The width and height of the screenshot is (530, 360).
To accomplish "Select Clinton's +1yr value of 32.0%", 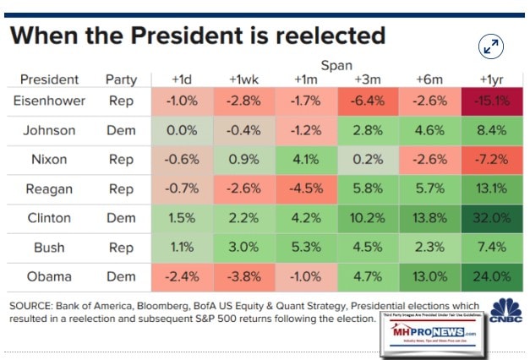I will point(493,217).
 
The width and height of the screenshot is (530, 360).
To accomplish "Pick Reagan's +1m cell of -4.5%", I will point(305,188).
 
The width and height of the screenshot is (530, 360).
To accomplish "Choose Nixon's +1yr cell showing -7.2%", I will point(493,160).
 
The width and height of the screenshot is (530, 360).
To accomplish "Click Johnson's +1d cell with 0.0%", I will point(182,131).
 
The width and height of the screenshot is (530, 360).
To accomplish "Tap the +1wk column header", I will point(244,79).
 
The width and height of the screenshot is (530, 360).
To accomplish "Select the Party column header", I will point(121,79).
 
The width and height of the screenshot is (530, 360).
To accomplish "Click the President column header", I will point(49,79).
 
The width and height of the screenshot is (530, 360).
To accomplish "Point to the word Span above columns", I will point(336,64).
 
